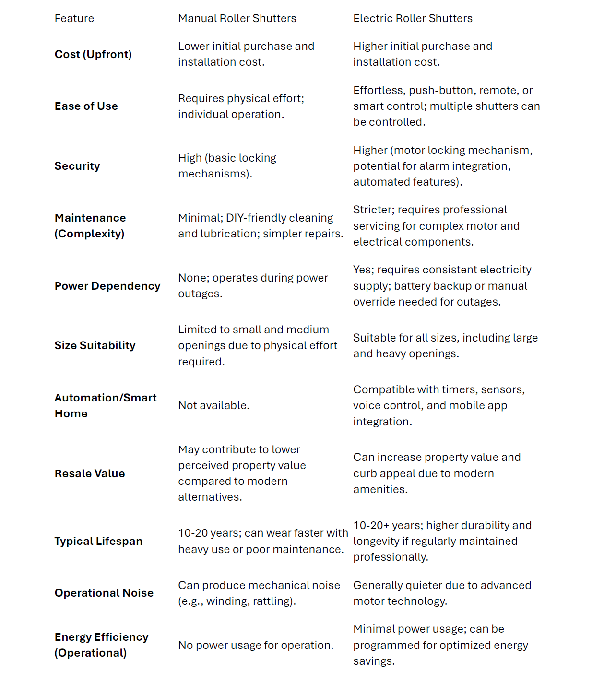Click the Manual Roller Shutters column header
(237, 18)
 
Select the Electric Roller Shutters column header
(413, 18)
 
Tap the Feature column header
(74, 18)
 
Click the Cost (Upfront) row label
(93, 54)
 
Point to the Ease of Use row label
(86, 106)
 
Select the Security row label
(77, 166)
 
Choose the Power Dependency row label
(107, 286)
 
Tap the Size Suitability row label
(95, 345)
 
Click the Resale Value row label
(90, 473)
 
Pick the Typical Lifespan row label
(98, 541)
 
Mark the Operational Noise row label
(104, 593)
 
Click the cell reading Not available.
(213, 405)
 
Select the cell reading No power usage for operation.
(256, 645)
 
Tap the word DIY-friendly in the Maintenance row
(255, 218)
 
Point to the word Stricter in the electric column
(372, 210)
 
